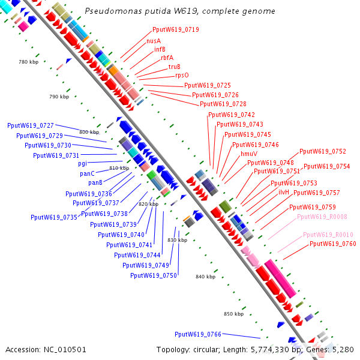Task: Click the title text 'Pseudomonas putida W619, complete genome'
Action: pos(180,11)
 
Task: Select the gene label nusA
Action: pos(154,41)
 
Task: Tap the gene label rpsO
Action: pos(182,76)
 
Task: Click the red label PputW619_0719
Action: pos(176,29)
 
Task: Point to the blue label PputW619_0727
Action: pos(31,125)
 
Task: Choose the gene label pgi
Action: pos(83,163)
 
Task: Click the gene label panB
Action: pos(95,182)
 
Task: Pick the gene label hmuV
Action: pos(249,154)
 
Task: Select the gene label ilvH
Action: pos(284,192)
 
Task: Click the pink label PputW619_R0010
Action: pos(328,235)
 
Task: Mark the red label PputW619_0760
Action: pos(332,244)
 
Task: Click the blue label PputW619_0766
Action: pos(198,334)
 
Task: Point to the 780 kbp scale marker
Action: pos(28,62)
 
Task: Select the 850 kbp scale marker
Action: pos(234,314)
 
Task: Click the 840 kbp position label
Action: pos(205,277)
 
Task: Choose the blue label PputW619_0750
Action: pos(154,275)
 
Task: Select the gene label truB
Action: pos(175,67)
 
